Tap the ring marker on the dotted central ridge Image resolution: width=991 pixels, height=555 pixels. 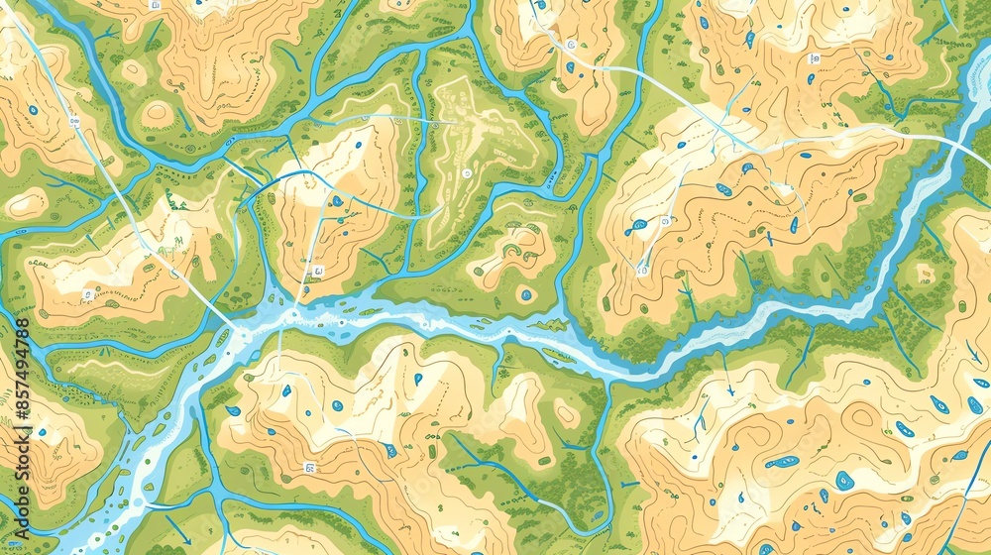point(466,172)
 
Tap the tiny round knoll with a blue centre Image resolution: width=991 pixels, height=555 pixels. point(525,294)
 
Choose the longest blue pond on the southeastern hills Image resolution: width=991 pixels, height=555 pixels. point(783,461)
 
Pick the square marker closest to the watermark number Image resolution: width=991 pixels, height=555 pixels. point(87,294)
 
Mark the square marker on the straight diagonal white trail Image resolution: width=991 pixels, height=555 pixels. point(74,122)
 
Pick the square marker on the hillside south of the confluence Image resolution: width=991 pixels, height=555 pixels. point(309,467)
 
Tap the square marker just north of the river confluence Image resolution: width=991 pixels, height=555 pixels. point(318,270)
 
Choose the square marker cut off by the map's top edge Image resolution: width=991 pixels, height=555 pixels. point(154,4)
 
